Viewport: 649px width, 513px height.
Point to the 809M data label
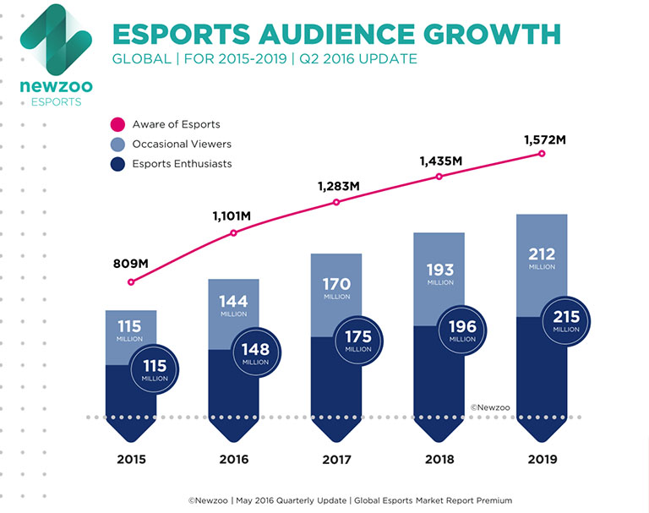(x=130, y=264)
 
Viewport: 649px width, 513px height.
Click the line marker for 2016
(x=234, y=233)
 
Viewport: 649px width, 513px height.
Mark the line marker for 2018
(x=439, y=177)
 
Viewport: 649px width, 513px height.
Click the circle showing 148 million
(x=255, y=353)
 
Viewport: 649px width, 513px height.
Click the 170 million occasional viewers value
(x=336, y=288)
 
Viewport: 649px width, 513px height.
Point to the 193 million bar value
(x=439, y=274)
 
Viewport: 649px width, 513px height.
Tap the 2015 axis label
(x=131, y=461)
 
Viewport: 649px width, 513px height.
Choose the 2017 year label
(x=336, y=461)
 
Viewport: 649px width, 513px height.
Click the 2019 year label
(x=543, y=461)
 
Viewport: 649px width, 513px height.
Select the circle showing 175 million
(x=358, y=341)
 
